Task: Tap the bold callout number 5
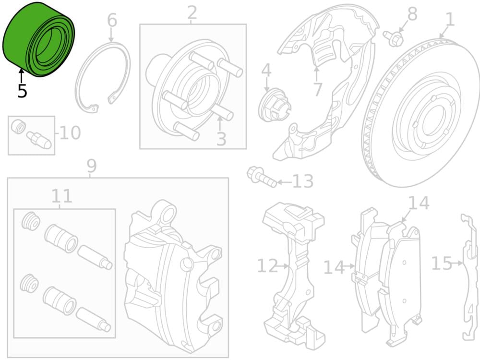22,91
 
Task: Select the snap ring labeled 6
102,77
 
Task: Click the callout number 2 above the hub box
192,13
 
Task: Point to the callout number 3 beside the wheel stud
221,139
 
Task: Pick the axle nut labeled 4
275,105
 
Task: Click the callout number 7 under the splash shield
318,89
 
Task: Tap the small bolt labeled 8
393,38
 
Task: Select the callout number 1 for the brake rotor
450,19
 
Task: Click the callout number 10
70,132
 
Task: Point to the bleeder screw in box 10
39,140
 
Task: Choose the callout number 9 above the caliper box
92,166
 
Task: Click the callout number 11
62,196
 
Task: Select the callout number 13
303,181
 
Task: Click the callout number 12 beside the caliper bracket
267,266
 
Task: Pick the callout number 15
442,263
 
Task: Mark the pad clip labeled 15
470,277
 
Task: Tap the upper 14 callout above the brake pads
419,203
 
